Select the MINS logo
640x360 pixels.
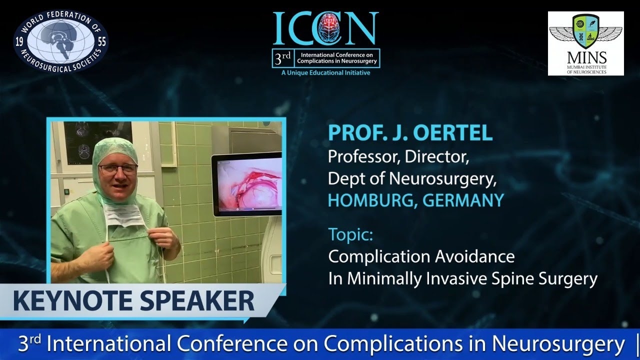click(x=585, y=43)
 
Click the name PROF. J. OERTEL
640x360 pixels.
click(x=410, y=133)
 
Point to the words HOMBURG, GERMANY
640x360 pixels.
click(x=415, y=200)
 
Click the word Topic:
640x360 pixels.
click(x=350, y=234)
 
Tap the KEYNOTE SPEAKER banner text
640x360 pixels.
click(x=133, y=301)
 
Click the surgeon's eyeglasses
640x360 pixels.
click(x=118, y=169)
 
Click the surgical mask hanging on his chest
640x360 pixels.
click(x=122, y=216)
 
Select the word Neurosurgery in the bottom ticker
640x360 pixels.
click(x=558, y=344)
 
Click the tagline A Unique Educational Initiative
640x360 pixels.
click(x=325, y=73)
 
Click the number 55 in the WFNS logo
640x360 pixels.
click(x=102, y=42)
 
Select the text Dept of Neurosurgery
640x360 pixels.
click(x=412, y=178)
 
